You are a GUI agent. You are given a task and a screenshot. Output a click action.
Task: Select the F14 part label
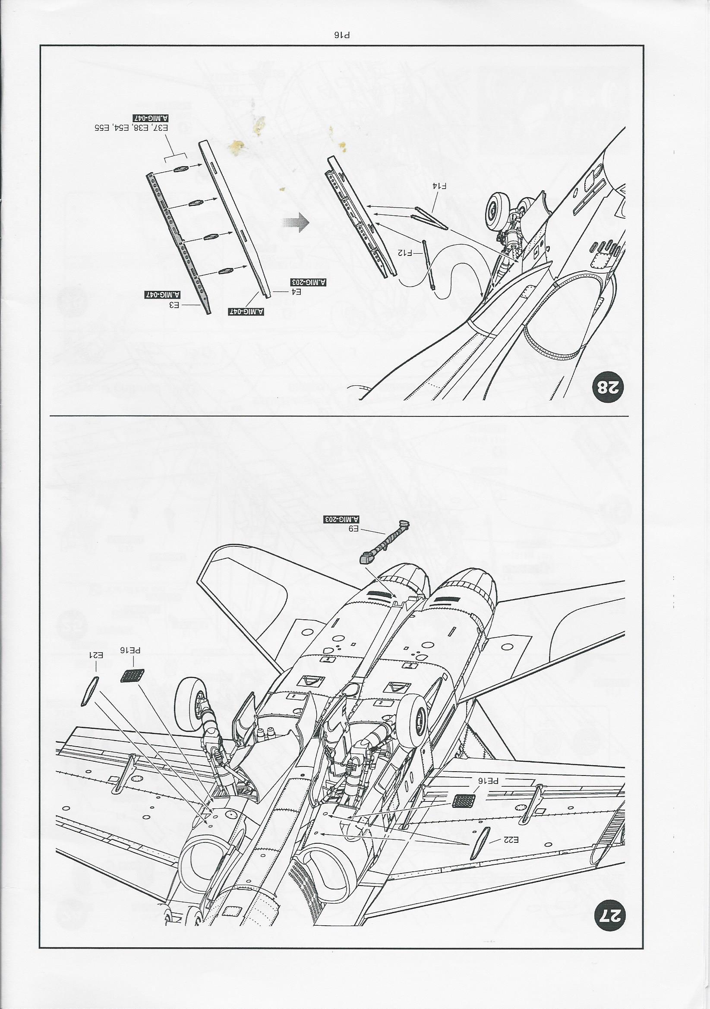440,186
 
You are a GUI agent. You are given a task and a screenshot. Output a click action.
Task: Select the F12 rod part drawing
429,263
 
